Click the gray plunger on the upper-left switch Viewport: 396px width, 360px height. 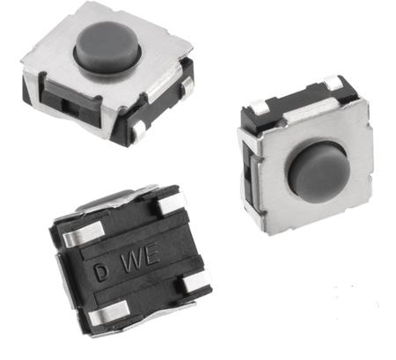(107, 46)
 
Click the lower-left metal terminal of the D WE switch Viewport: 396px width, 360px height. (108, 310)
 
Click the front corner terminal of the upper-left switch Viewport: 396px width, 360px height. (138, 130)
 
